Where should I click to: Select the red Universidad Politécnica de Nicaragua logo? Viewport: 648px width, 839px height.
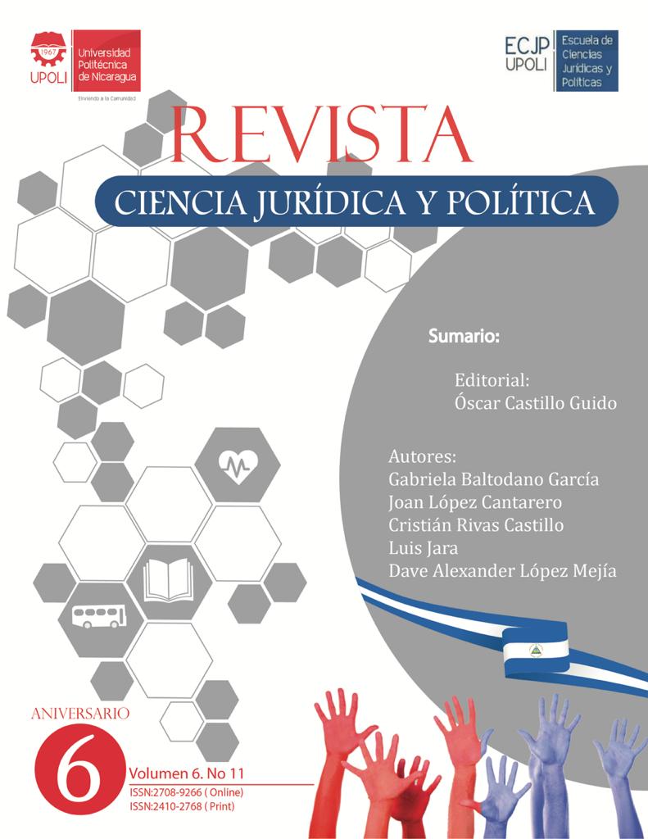tap(85, 61)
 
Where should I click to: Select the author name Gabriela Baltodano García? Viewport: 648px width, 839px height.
tap(492, 479)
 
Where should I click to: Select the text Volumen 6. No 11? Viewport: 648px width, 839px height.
tap(186, 773)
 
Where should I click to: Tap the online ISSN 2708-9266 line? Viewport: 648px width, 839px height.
tap(186, 792)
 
